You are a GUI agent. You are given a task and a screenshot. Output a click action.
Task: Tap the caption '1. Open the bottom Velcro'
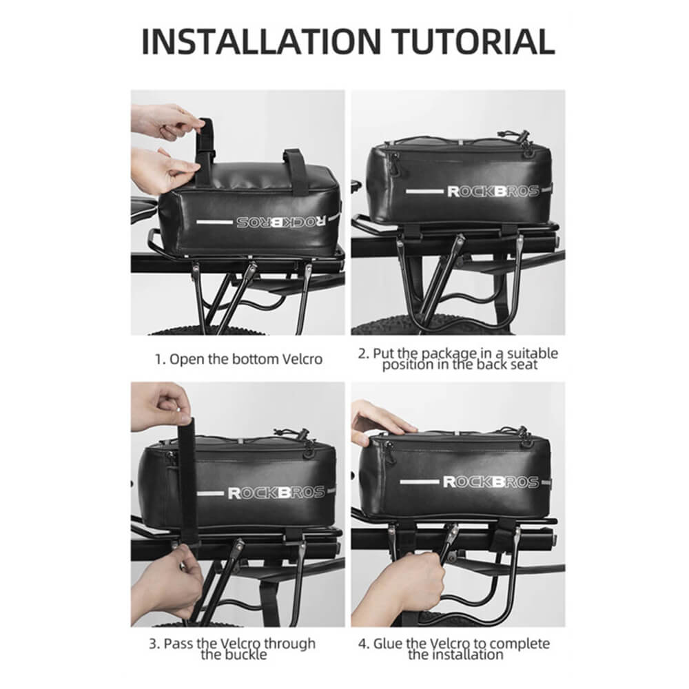click(x=238, y=359)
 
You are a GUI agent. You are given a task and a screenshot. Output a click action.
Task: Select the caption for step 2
click(x=458, y=359)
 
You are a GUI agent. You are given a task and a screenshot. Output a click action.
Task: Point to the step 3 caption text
click(x=232, y=649)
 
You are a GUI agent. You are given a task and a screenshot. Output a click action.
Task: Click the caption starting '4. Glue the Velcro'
click(x=454, y=649)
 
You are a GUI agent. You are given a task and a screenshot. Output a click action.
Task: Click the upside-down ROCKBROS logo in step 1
click(x=281, y=222)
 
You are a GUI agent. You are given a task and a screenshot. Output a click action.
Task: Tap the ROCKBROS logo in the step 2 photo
click(x=493, y=191)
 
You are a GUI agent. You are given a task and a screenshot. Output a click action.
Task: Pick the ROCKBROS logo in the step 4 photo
click(x=491, y=482)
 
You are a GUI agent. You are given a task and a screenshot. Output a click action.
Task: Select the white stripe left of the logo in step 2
click(x=424, y=192)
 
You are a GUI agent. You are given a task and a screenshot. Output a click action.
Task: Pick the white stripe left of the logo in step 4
click(x=419, y=482)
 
